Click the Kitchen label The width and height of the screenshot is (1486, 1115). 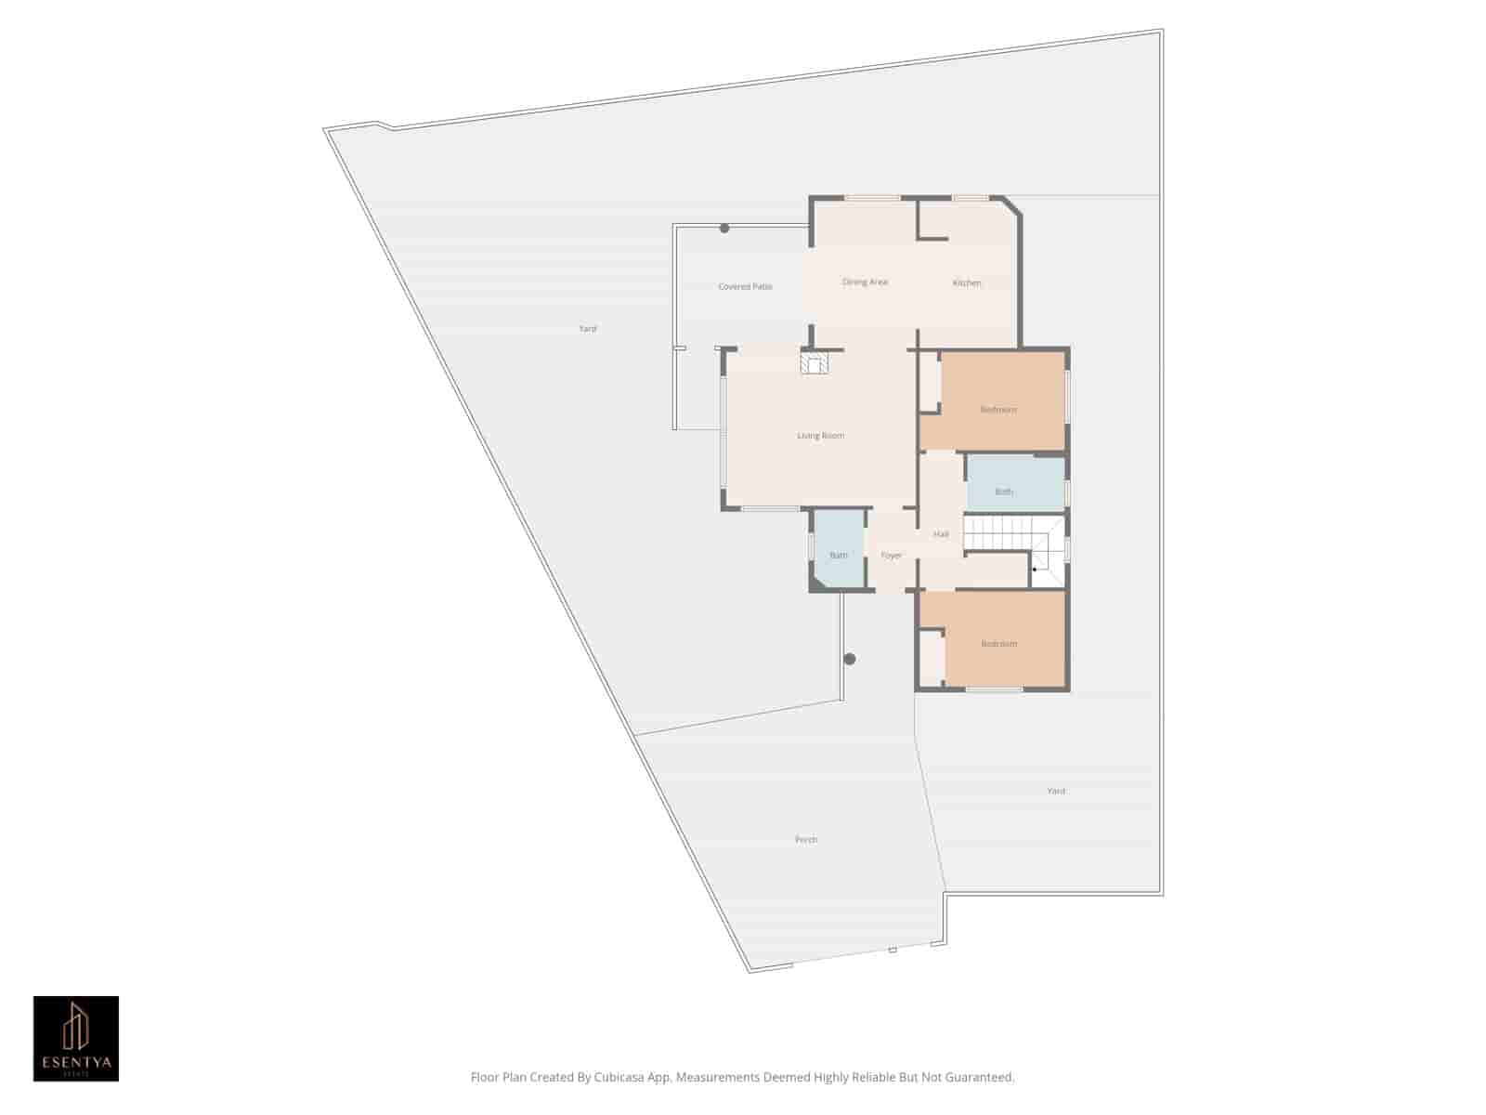click(x=967, y=282)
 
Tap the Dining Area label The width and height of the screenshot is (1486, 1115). click(x=865, y=282)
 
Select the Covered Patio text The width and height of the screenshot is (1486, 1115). click(x=745, y=287)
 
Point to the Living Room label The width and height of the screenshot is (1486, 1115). click(x=820, y=436)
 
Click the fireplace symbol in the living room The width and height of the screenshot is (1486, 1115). click(x=815, y=362)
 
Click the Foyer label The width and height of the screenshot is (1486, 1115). click(x=892, y=556)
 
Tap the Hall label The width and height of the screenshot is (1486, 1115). click(x=941, y=534)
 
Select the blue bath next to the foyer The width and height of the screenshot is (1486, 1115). click(x=839, y=556)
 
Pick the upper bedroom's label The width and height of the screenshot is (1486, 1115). click(x=998, y=410)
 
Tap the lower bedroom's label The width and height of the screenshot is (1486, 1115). click(x=999, y=644)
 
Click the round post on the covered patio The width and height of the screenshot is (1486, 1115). click(x=724, y=229)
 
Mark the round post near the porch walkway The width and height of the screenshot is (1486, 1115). click(x=849, y=659)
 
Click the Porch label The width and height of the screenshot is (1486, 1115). click(x=806, y=840)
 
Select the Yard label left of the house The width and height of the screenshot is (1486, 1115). click(x=588, y=329)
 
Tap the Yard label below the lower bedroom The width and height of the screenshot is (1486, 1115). click(x=1056, y=791)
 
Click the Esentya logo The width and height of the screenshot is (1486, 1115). click(x=76, y=1039)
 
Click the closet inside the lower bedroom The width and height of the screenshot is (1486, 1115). click(x=932, y=658)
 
